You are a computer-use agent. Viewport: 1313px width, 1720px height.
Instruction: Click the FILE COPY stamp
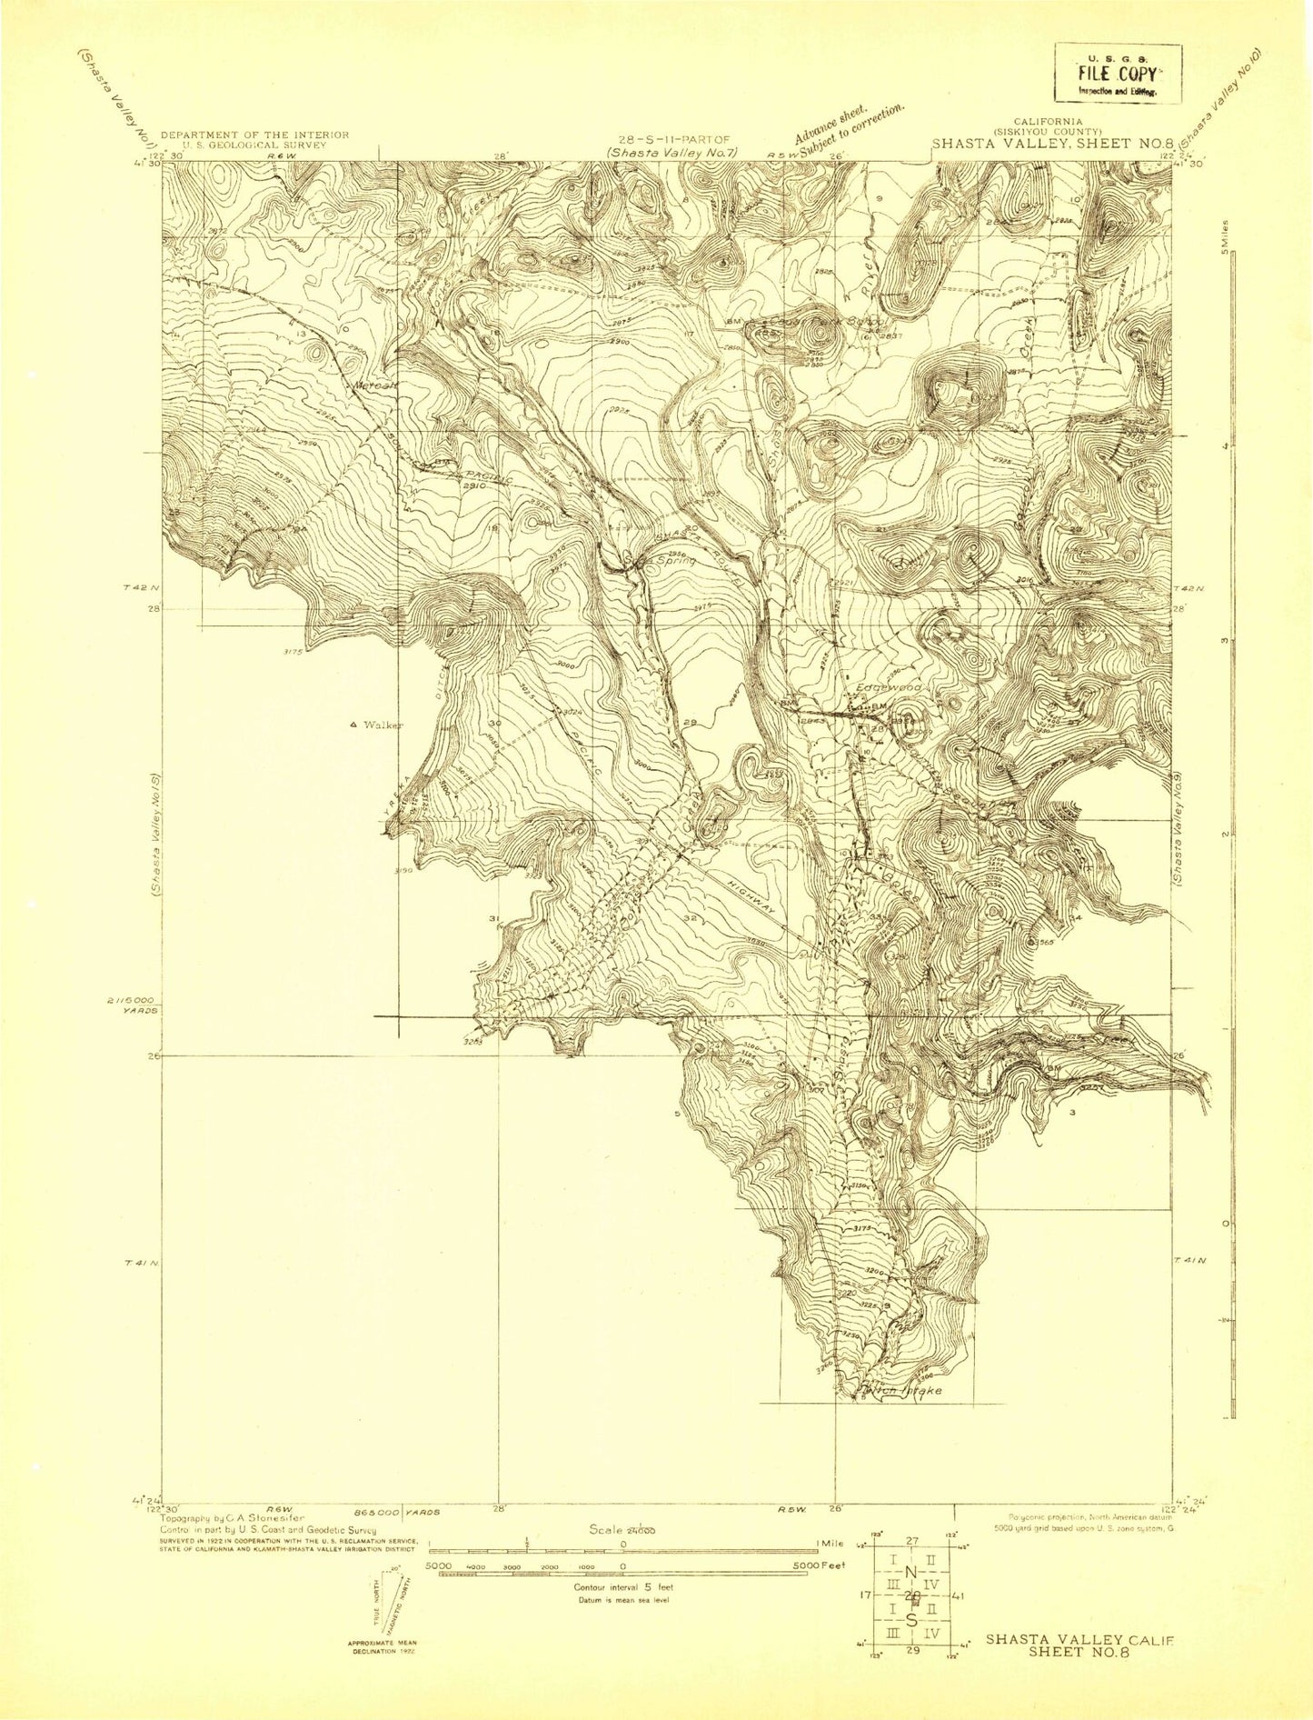click(x=1117, y=75)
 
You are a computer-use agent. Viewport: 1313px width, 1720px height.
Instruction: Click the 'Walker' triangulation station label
click(x=381, y=725)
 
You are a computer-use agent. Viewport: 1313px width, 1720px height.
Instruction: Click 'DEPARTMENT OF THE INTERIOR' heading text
click(x=254, y=134)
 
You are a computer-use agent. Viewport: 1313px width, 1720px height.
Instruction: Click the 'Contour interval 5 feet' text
click(x=622, y=1587)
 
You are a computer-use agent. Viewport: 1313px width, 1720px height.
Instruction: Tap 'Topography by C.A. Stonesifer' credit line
click(x=233, y=1518)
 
